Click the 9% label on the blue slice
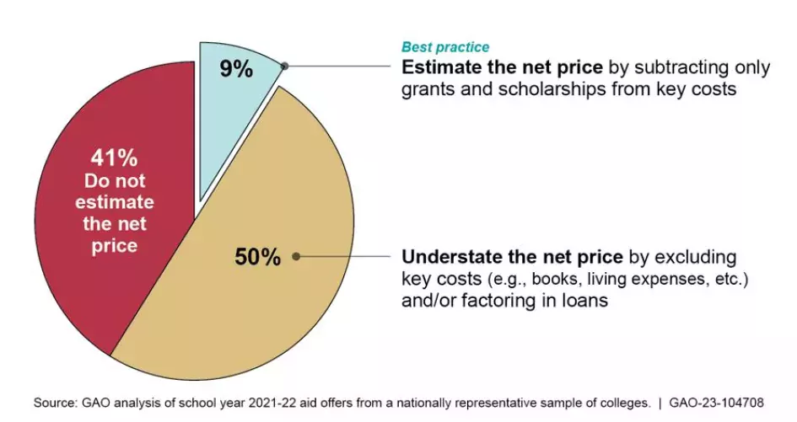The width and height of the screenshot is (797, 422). [x=236, y=69]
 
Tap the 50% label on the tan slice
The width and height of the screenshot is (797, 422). [x=257, y=257]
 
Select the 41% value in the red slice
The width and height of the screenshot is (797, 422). [x=114, y=158]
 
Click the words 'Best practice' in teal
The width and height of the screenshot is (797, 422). [x=444, y=47]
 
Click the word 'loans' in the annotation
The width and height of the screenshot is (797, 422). [x=582, y=300]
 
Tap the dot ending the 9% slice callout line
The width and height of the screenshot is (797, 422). [x=285, y=66]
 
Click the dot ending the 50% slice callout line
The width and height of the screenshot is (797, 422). [x=297, y=256]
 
